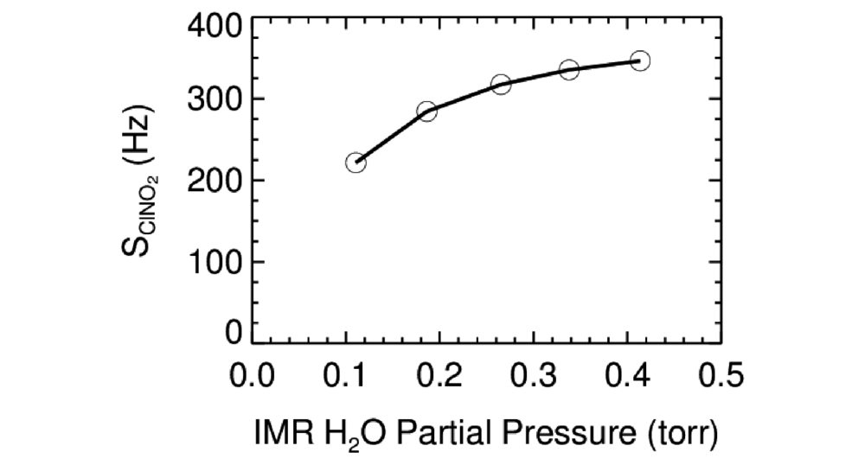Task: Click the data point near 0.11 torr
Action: click(356, 162)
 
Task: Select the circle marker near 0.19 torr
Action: click(426, 111)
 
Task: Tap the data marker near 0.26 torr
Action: click(501, 85)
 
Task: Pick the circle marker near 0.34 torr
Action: click(569, 69)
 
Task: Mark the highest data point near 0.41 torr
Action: click(640, 61)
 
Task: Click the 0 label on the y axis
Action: click(233, 333)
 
